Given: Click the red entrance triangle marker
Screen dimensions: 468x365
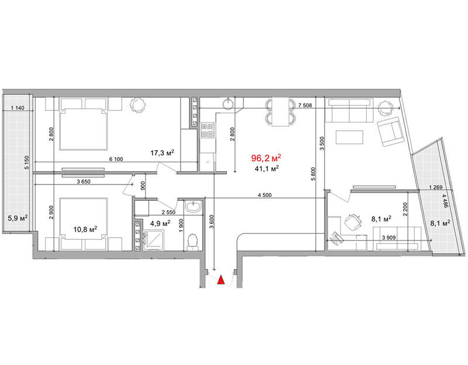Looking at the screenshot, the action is [x=221, y=280].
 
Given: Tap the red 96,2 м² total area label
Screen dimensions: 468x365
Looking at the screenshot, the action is [x=266, y=158].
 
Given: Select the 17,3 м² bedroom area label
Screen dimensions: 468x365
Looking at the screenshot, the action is [x=162, y=153].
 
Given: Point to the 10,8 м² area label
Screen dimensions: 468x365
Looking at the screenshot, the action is [x=85, y=229].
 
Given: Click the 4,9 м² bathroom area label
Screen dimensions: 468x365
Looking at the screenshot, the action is [x=160, y=223].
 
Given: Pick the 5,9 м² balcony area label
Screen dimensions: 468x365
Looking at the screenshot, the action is [x=18, y=218].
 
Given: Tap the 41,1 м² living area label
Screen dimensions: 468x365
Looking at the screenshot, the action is [x=267, y=169].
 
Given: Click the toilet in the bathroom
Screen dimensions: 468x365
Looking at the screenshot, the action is [x=192, y=242].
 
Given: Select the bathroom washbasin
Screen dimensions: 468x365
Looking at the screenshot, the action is [x=194, y=207].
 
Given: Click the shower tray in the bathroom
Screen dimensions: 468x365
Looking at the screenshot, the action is [x=153, y=241].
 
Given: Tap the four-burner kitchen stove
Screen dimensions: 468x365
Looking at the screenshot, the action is [x=208, y=130].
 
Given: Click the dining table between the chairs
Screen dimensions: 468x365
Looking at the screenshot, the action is [x=280, y=112].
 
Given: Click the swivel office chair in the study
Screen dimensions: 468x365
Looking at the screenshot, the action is [x=353, y=222].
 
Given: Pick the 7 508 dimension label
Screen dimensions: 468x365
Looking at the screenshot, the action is [x=305, y=105].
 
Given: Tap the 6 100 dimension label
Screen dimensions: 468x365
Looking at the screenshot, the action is [x=116, y=159].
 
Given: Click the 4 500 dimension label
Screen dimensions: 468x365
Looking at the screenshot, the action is [x=264, y=196].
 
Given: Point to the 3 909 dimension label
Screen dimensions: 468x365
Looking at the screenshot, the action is [x=388, y=238].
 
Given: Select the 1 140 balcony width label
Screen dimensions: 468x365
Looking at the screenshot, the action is [x=18, y=108].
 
